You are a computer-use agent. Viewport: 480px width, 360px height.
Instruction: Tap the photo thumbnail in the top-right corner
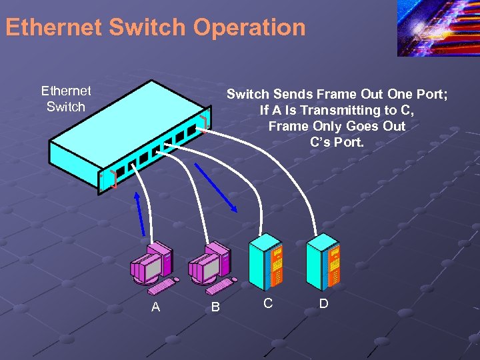tap(438, 28)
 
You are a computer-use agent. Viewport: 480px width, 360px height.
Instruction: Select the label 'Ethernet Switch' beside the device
tap(66, 99)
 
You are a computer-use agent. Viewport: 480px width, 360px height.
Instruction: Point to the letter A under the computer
tap(155, 307)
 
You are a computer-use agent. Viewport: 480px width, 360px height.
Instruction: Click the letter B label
tap(215, 307)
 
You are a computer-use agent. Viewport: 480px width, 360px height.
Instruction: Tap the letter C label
tap(267, 303)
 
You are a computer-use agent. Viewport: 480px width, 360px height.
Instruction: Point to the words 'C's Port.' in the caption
tap(337, 141)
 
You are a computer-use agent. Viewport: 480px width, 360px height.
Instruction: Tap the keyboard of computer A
tap(161, 286)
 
